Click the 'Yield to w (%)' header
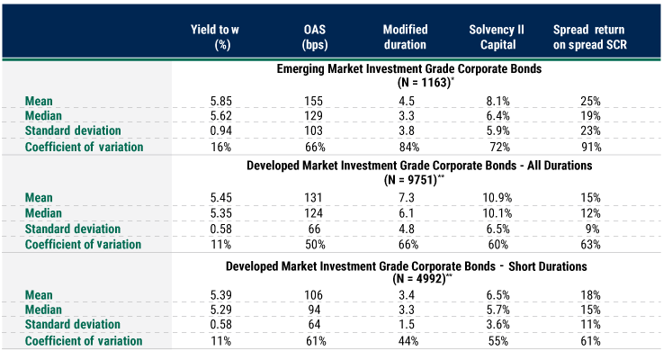click(x=220, y=35)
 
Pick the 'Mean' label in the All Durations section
click(x=40, y=197)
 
